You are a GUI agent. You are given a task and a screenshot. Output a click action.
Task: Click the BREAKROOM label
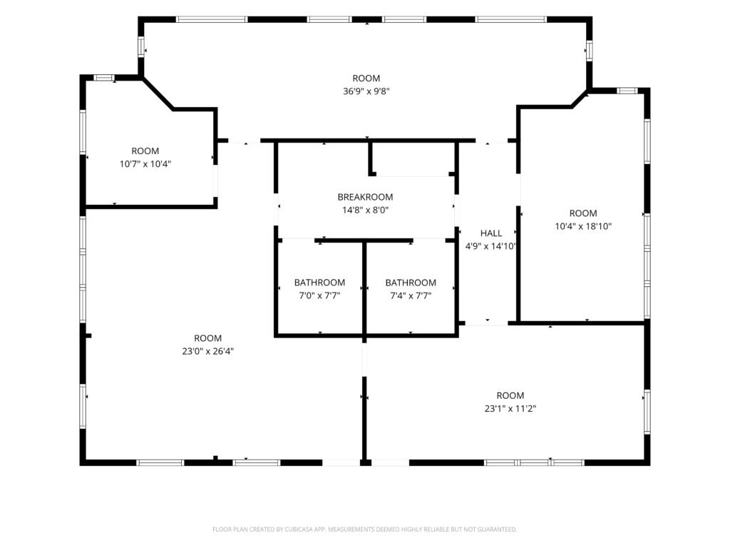click(365, 197)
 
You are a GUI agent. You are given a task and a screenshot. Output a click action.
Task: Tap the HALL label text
click(491, 233)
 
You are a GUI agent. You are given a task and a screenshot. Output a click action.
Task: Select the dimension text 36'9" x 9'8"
click(366, 91)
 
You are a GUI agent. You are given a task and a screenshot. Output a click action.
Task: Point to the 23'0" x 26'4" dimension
click(207, 351)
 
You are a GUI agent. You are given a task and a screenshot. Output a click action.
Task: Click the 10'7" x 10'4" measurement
click(145, 164)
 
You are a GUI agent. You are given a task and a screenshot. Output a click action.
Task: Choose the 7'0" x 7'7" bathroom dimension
click(319, 295)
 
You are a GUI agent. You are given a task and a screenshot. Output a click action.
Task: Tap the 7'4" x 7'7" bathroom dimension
click(411, 295)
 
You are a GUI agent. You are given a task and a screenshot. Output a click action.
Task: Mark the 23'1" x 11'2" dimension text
click(510, 409)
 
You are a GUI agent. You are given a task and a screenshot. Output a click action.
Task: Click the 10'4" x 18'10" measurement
click(583, 226)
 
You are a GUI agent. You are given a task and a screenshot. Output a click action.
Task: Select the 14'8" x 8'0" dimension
click(365, 210)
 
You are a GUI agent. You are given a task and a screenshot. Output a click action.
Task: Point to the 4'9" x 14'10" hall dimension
click(491, 246)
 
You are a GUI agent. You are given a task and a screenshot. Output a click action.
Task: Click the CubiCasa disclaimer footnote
click(364, 529)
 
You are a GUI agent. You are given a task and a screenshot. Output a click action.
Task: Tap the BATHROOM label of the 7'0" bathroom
click(319, 283)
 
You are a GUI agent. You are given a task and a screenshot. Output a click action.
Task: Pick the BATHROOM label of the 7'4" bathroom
click(411, 283)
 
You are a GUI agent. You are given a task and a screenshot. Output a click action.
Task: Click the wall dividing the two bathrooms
click(364, 288)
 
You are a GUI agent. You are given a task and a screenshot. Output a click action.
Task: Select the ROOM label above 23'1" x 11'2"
click(510, 395)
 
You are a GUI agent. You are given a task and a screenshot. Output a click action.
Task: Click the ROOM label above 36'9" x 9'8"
click(366, 78)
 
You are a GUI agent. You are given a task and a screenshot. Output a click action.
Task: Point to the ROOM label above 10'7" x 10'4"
click(145, 151)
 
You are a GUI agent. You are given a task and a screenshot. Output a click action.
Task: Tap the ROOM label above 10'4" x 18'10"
click(583, 213)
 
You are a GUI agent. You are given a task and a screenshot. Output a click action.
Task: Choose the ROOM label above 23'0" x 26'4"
click(207, 338)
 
